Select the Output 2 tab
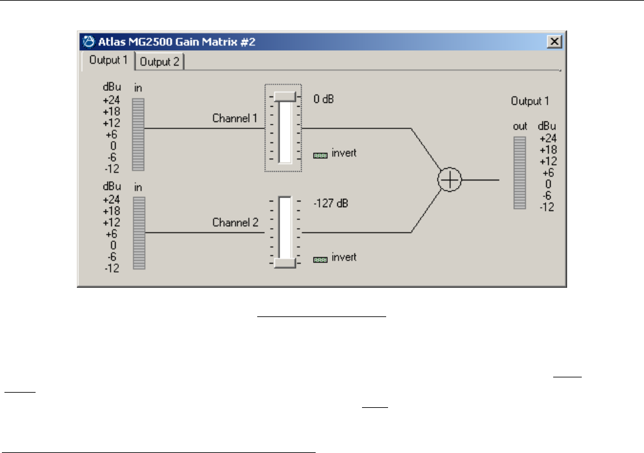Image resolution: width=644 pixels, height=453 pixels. tap(159, 62)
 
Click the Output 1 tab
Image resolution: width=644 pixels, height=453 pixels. tap(108, 61)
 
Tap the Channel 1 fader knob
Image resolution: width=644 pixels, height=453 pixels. tap(285, 96)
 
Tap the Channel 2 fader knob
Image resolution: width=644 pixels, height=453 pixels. tap(285, 262)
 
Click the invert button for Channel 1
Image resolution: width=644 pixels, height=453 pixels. tap(320, 154)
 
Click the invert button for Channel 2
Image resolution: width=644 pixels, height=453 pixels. tap(320, 259)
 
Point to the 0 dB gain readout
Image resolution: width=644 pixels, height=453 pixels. tap(323, 100)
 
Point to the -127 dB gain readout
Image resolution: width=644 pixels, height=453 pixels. tap(330, 204)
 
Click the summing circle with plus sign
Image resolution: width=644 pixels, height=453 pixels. tap(450, 180)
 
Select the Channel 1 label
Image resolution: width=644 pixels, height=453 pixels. tap(235, 118)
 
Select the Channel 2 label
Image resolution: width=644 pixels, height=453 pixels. tap(235, 223)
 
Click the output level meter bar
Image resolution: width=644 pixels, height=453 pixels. tap(520, 172)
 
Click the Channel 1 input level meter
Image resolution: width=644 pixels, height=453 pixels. tap(138, 134)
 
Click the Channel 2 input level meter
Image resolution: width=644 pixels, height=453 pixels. tap(138, 233)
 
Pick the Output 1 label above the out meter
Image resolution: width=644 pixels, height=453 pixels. tap(530, 101)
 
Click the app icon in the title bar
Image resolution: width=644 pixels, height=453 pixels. tap(88, 42)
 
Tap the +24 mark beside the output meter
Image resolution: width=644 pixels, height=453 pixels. tap(547, 138)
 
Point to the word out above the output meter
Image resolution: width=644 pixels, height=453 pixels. tap(520, 127)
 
